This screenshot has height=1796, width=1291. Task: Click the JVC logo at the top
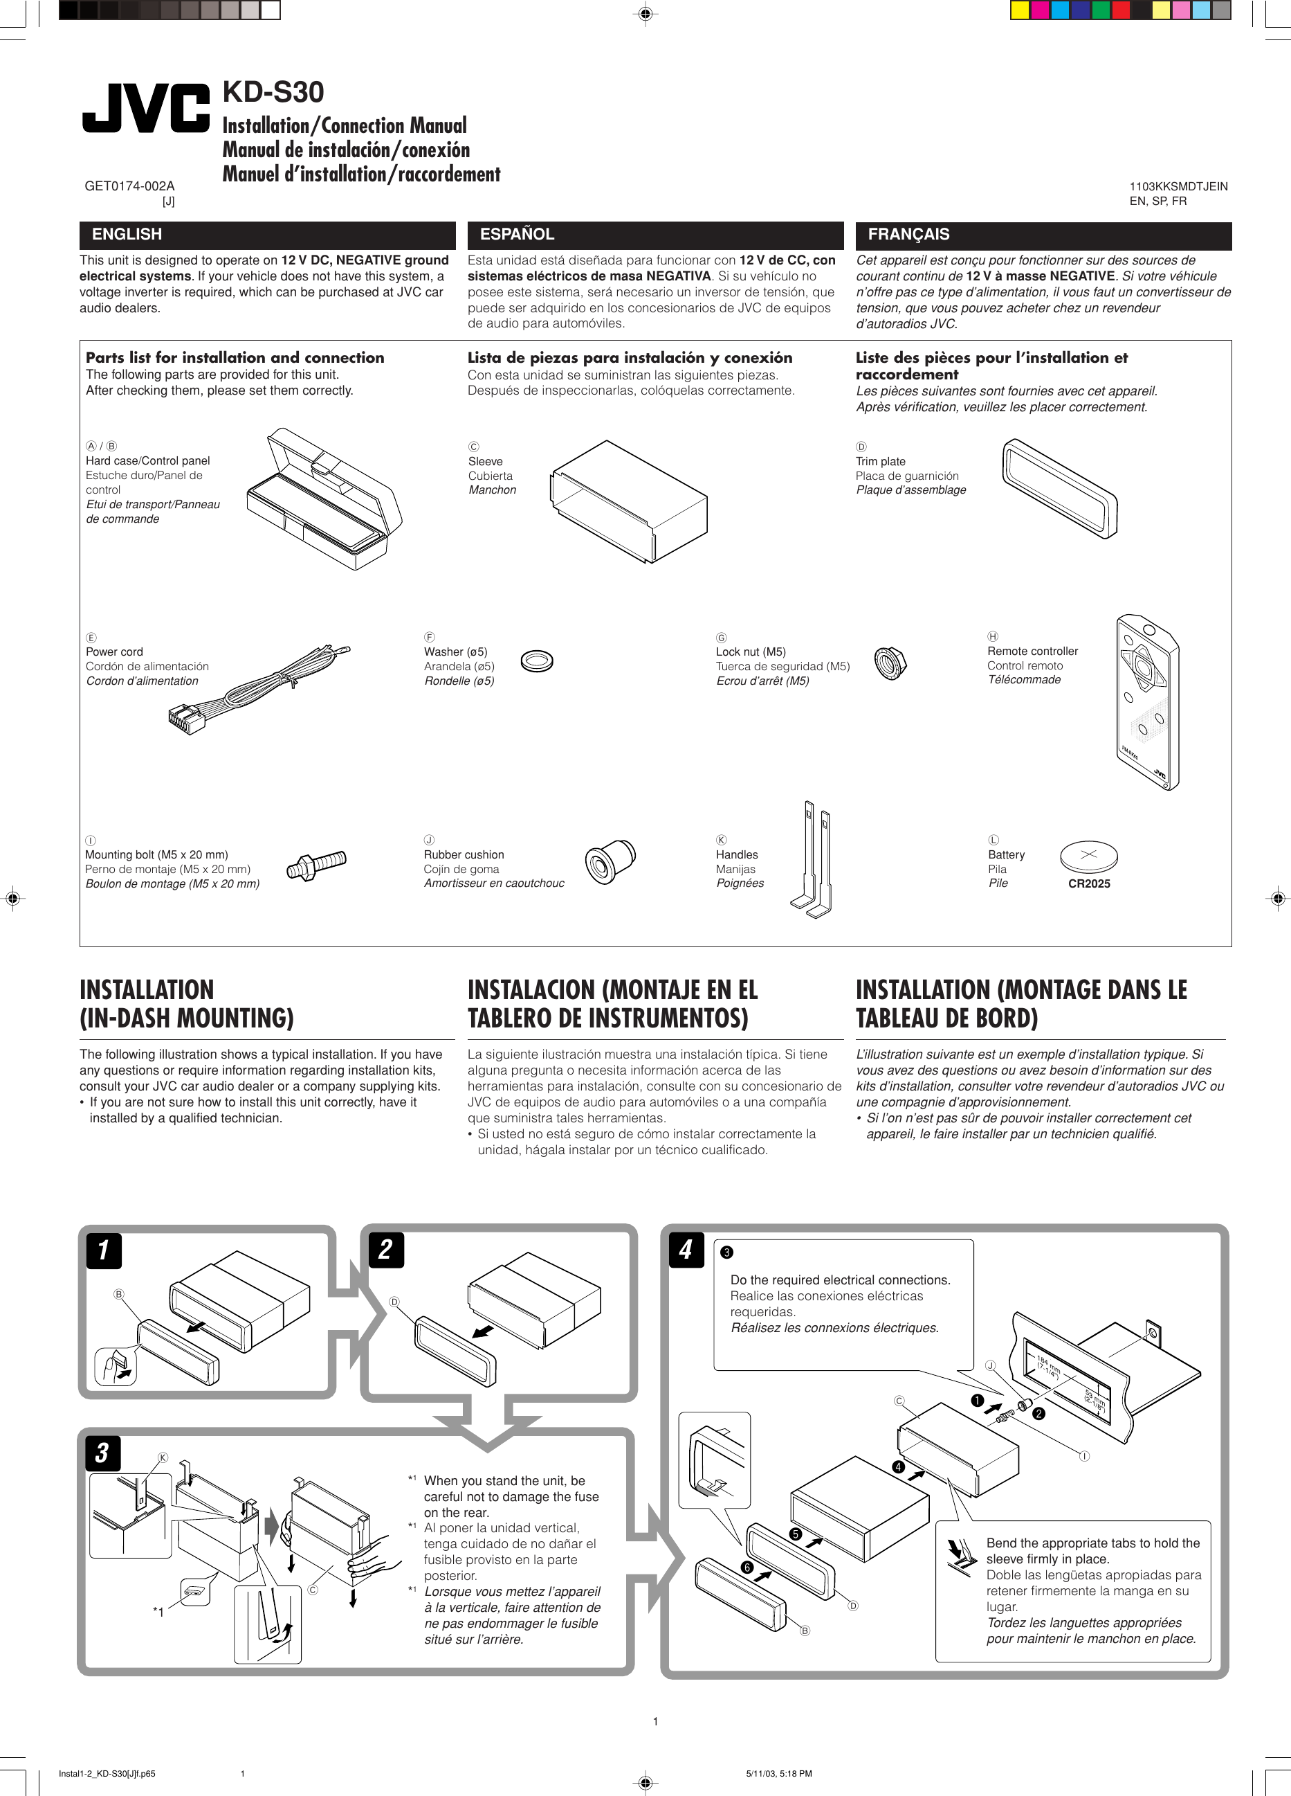147,109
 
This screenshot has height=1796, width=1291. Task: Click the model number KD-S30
273,93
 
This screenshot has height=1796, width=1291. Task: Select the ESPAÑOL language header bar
654,235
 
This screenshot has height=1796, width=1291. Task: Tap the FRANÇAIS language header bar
1043,235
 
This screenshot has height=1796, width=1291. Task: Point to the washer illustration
538,660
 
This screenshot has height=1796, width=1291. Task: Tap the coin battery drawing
1088,855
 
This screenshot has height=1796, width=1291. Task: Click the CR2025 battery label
1089,883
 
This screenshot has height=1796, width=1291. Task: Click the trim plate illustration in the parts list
1059,488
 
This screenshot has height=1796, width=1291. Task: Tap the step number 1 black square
104,1250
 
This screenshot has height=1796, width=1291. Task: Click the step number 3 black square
103,1453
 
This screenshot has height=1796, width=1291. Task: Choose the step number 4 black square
686,1250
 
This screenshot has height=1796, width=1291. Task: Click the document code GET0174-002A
130,186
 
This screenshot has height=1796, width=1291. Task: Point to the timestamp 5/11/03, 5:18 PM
779,1774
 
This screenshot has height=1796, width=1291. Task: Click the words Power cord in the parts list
115,652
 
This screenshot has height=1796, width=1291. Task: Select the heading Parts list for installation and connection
235,358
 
